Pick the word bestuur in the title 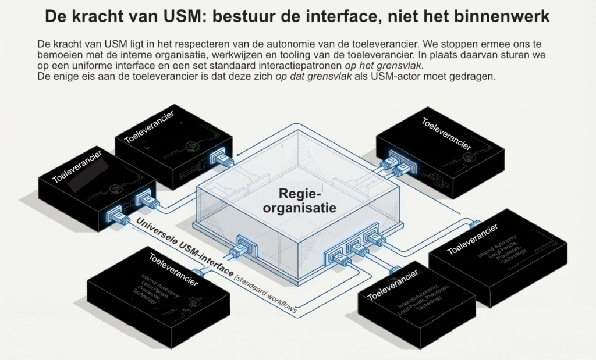click(x=246, y=16)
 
